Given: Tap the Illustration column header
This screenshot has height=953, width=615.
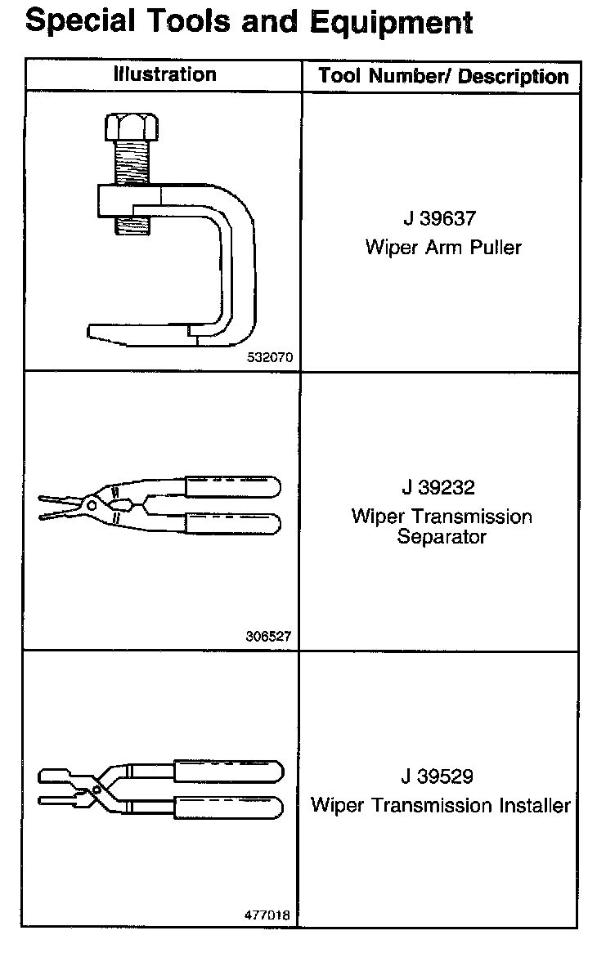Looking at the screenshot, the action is [165, 75].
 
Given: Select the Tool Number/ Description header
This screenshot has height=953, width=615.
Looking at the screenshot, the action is [443, 77].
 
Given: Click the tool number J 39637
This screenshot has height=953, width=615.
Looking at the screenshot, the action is [442, 219].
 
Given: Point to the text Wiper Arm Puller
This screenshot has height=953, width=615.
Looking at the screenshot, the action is [442, 247].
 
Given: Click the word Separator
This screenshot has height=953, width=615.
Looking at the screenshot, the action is [442, 537].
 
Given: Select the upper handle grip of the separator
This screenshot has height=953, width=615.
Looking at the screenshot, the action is [233, 487].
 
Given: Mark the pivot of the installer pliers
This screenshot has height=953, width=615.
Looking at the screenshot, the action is [97, 790].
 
